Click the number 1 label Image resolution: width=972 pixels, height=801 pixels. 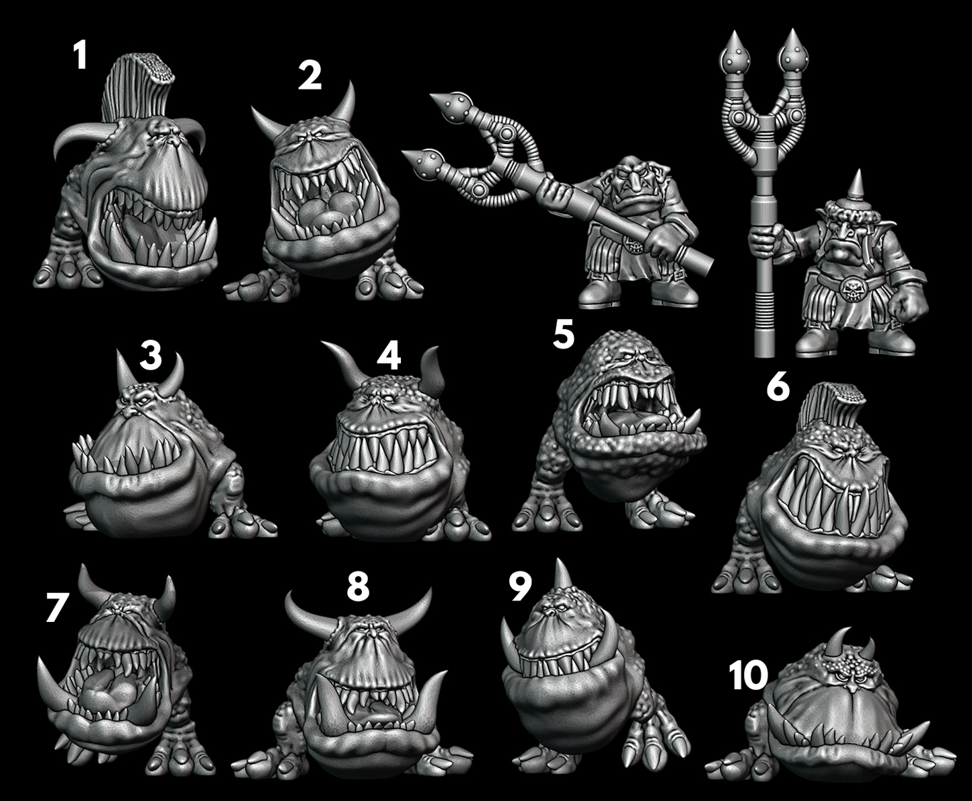pos(80,55)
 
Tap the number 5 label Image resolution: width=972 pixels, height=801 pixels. pos(563,334)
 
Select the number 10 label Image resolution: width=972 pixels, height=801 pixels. pos(748,675)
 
